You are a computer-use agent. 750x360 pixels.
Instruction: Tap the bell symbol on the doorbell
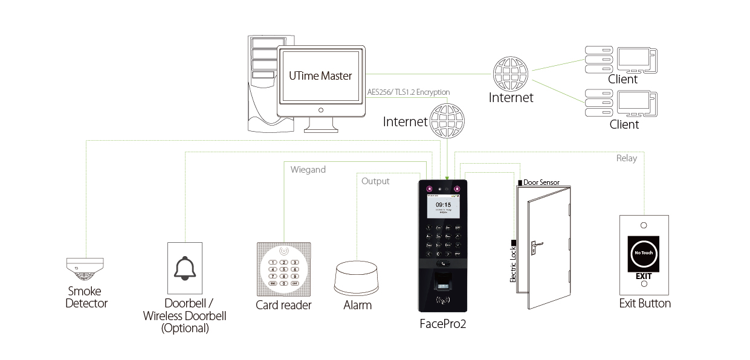184,268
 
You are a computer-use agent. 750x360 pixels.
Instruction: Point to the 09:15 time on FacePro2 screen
444,205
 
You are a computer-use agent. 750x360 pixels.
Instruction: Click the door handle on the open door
535,246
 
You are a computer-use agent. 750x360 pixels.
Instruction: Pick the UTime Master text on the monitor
320,76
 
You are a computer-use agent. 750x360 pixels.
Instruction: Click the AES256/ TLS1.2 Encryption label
409,92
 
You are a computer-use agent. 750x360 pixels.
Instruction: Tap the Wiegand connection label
308,170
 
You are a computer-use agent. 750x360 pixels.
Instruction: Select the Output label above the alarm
375,181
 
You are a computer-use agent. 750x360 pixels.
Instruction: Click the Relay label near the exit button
626,158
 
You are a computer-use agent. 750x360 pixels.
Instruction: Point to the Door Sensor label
541,182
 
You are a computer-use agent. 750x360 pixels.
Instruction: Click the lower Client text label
624,124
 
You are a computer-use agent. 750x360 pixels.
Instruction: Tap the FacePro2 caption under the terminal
443,324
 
